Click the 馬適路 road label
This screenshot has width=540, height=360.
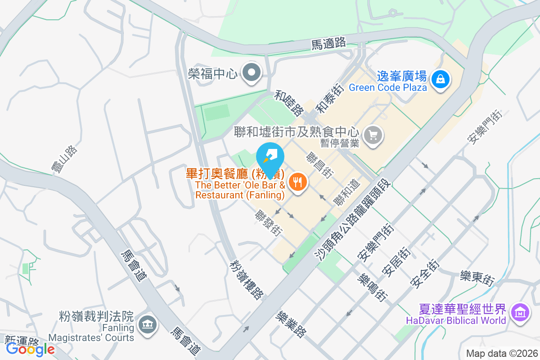(x=329, y=44)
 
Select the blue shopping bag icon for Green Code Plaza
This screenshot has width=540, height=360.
(x=440, y=80)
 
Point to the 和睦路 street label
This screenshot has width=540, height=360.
(x=289, y=102)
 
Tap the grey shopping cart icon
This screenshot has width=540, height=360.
(x=373, y=135)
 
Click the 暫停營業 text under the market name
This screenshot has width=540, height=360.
(x=340, y=143)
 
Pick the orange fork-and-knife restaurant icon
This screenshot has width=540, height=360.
(x=297, y=182)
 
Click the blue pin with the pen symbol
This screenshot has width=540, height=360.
(x=270, y=155)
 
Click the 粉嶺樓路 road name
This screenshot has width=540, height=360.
(x=246, y=279)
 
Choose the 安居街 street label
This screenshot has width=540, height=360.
(x=395, y=261)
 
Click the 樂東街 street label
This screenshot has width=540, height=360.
(x=477, y=277)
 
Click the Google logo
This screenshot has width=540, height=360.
(x=31, y=349)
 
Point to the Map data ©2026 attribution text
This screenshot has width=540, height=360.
(x=502, y=353)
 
